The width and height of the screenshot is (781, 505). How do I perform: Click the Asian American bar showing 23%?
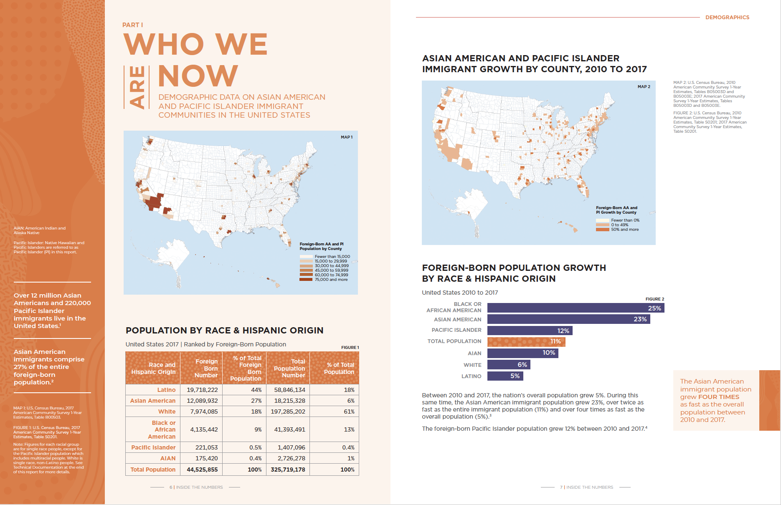(568, 319)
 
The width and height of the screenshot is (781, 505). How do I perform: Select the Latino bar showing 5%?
(505, 376)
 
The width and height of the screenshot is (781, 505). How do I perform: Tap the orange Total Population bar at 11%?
(526, 341)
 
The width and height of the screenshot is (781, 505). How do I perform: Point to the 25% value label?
(654, 308)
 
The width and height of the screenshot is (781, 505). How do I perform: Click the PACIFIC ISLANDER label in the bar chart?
(456, 330)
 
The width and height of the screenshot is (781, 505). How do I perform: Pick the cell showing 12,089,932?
(202, 401)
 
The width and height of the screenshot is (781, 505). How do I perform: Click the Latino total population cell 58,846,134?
(289, 390)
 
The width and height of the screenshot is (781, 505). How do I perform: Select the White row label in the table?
(167, 412)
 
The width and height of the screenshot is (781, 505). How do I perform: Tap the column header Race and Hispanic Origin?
(153, 368)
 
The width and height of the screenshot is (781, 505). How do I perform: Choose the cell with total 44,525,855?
(202, 470)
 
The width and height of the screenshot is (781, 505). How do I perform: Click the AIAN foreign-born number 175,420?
(206, 458)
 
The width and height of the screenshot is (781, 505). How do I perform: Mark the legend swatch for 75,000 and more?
(306, 280)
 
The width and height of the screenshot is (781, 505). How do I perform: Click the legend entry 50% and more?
(624, 230)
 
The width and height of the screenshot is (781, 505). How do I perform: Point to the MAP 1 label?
(347, 137)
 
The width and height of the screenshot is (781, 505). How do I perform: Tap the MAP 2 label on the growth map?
(644, 87)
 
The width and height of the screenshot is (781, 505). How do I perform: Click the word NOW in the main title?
(198, 76)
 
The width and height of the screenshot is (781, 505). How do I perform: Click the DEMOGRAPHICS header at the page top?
(727, 18)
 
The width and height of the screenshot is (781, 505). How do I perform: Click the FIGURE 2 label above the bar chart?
(654, 299)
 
